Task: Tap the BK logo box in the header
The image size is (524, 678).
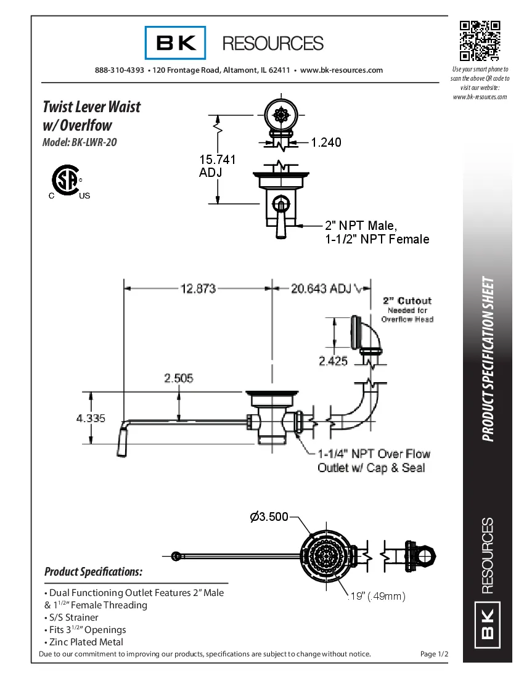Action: click(x=176, y=43)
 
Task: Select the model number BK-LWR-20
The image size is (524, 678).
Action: click(x=80, y=142)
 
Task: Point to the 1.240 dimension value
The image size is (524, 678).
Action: click(x=325, y=142)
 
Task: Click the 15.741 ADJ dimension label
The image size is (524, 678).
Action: click(x=216, y=166)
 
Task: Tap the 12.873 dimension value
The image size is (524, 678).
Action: click(x=197, y=288)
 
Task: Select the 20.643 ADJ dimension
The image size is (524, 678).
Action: click(x=321, y=288)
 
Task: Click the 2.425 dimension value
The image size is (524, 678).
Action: click(x=333, y=361)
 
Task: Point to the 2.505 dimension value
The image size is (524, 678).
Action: click(x=178, y=378)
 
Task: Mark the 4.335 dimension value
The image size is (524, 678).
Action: click(x=91, y=419)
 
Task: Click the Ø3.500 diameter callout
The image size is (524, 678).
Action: click(x=269, y=517)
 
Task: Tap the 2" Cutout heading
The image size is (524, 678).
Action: click(x=407, y=301)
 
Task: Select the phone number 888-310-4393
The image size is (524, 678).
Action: click(x=120, y=70)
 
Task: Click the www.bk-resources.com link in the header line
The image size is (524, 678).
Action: click(x=341, y=70)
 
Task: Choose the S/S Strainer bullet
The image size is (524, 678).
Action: click(x=72, y=617)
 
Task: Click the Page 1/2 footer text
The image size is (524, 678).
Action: click(x=433, y=654)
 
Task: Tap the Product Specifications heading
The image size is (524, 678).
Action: click(x=93, y=572)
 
